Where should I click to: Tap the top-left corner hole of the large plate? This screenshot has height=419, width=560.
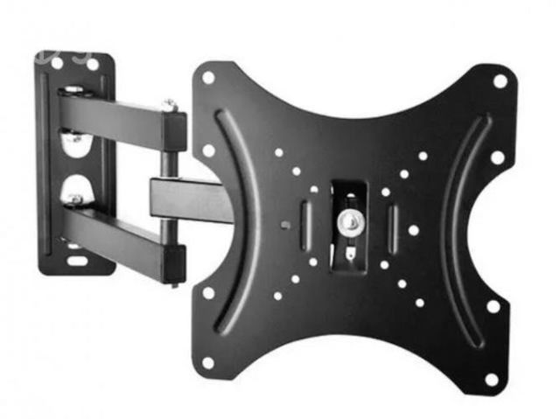click(208, 77)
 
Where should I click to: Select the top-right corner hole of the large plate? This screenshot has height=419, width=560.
click(500, 80)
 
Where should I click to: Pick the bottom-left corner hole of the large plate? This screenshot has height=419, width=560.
click(208, 361)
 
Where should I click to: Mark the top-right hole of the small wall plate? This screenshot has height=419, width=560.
click(92, 64)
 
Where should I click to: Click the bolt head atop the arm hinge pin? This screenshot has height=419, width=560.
click(170, 104)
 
